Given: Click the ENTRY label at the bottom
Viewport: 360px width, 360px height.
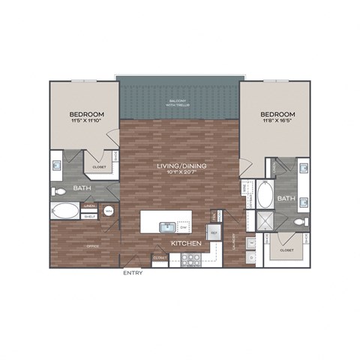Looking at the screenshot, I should (133, 272).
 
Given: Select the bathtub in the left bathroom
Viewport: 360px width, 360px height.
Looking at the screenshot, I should (66, 211).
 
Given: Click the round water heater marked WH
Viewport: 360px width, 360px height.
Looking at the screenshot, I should (109, 212).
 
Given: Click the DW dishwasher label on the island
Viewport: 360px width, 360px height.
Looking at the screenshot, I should (182, 226).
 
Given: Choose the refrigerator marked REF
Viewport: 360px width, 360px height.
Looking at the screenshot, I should (213, 235).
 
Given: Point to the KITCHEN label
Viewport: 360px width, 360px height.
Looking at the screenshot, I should (184, 243).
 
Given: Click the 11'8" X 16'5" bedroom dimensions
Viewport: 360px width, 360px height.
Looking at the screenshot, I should (278, 121).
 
